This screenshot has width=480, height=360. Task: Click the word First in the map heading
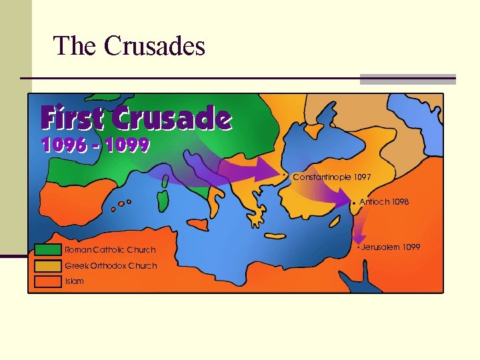pos(73,119)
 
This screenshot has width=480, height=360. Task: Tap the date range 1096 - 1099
pos(95,145)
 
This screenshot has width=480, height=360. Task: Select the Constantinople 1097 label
pos(332,177)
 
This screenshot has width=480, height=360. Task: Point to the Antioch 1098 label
pos(384,201)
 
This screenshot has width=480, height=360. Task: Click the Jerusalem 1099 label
pos(391,247)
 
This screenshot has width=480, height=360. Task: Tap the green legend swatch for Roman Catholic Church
pos(47,250)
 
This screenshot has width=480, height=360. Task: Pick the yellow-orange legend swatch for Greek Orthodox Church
pos(47,266)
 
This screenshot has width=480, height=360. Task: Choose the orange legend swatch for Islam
pos(47,281)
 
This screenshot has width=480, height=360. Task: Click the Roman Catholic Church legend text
pos(110,250)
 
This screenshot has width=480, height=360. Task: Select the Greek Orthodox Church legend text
pos(111,266)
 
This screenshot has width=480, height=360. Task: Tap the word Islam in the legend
pos(74,281)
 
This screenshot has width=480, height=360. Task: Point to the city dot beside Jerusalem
pos(358,247)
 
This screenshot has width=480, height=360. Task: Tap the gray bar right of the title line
pos(407,79)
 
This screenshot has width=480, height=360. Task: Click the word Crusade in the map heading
pos(171,119)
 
